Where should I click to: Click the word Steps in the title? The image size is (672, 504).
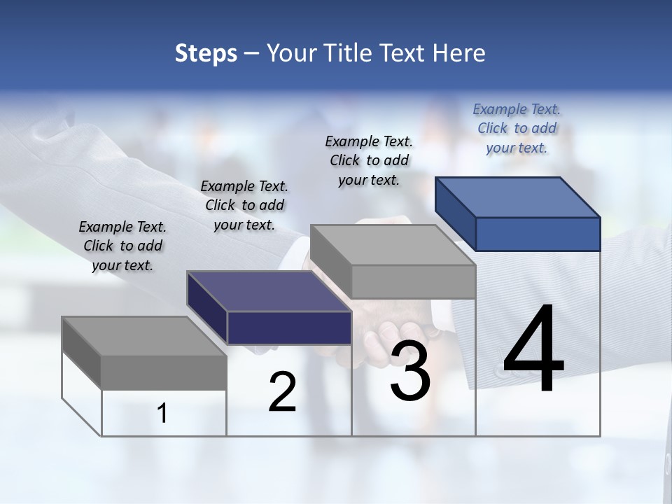click(206, 53)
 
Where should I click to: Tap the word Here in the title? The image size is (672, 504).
click(456, 53)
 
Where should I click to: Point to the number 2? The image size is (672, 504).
click(282, 392)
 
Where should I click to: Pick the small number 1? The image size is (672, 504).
click(162, 414)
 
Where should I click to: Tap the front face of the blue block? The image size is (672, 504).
click(538, 234)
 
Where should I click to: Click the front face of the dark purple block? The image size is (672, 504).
click(289, 328)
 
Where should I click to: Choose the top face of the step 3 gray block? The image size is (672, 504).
click(392, 245)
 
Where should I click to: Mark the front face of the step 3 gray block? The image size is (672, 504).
click(413, 282)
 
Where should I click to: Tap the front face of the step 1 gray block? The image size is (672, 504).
click(164, 372)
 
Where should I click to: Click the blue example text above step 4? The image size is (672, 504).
click(517, 128)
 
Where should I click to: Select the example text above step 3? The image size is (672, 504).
click(369, 160)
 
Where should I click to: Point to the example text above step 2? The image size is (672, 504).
click(244, 205)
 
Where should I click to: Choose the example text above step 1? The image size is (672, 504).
click(122, 246)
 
